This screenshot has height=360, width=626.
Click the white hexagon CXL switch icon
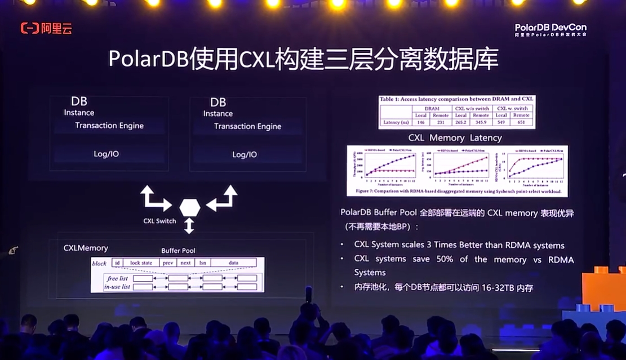click(x=189, y=207)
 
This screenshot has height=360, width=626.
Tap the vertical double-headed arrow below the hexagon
click(x=189, y=226)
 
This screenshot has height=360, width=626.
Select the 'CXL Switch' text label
click(x=159, y=221)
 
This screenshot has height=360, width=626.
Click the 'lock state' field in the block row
click(x=141, y=263)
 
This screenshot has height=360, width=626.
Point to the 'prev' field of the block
click(x=167, y=263)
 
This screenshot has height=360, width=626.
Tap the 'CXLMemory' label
click(x=86, y=248)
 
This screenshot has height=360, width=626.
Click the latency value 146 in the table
click(x=420, y=122)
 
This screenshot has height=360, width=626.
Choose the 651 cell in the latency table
click(x=521, y=122)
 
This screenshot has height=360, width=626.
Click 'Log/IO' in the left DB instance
click(x=106, y=153)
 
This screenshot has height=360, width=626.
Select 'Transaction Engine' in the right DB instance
click(x=247, y=126)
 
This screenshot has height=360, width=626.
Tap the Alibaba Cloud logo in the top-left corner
click(x=46, y=28)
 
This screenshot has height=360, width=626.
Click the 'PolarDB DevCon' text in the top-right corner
click(x=550, y=27)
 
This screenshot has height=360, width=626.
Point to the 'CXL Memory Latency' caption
click(x=455, y=137)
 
